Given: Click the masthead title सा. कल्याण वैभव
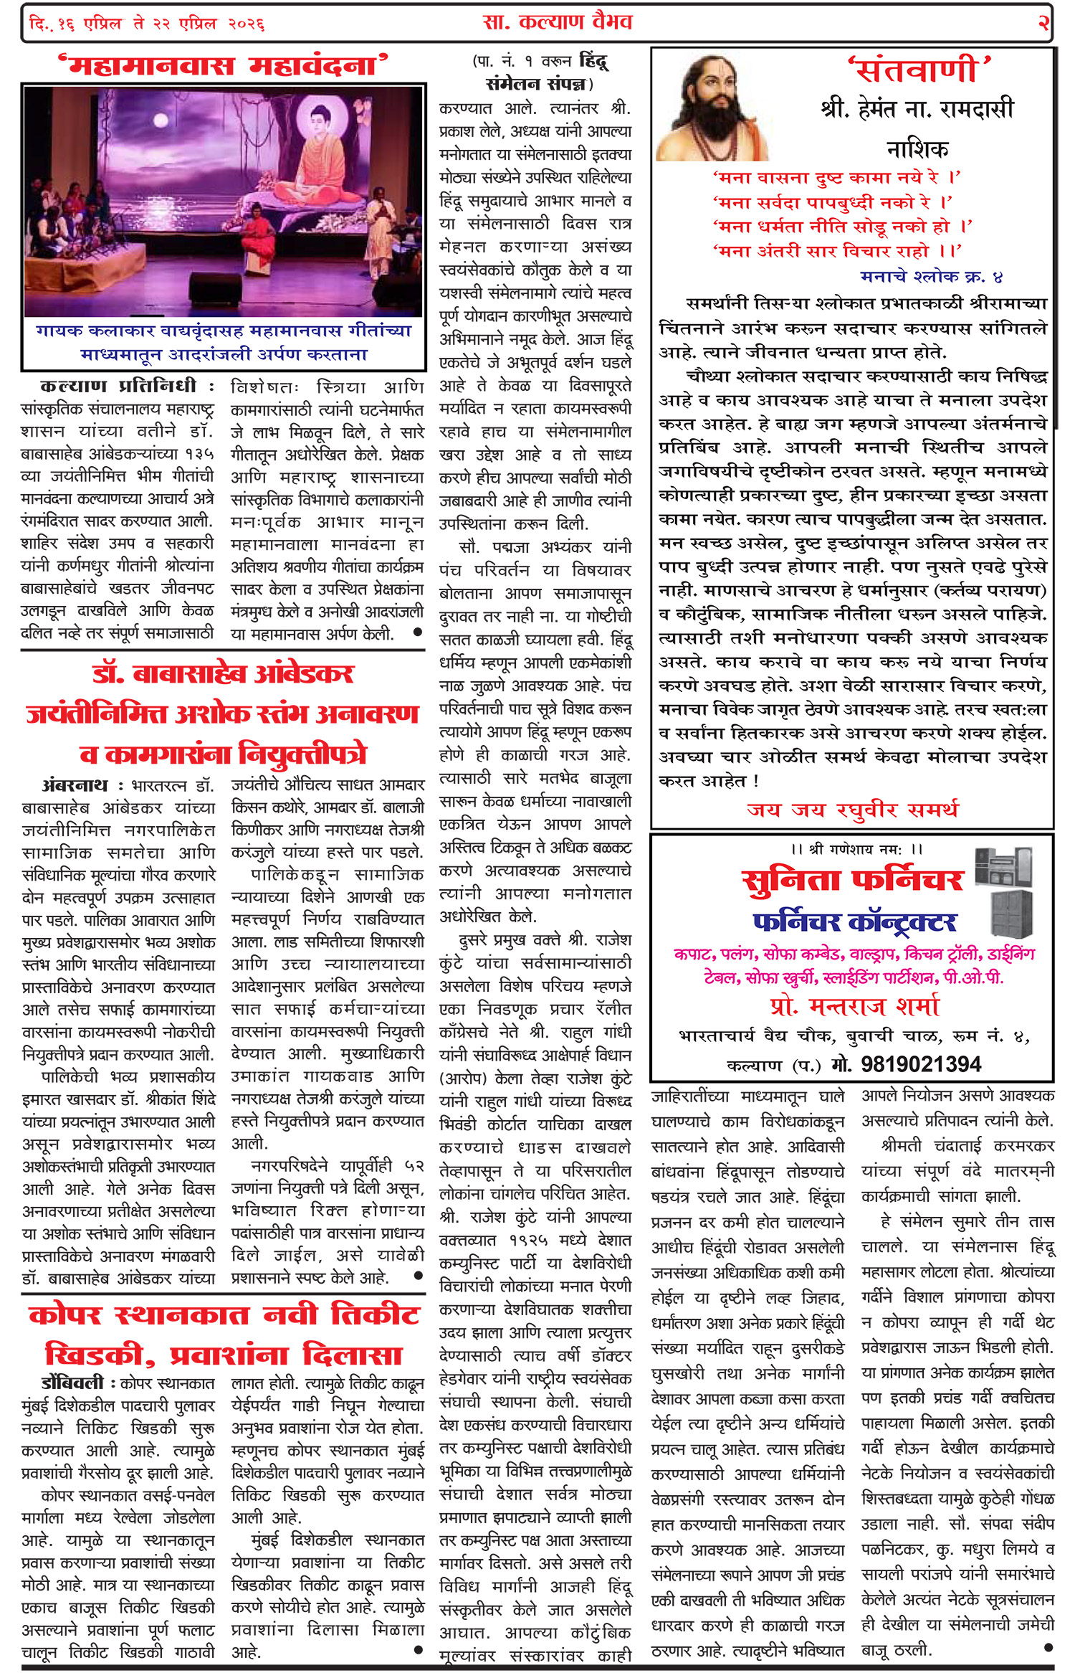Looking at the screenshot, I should (x=557, y=22).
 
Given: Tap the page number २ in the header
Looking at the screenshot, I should (x=1043, y=23).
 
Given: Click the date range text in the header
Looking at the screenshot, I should (x=147, y=24).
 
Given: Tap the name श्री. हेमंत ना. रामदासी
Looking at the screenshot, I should (x=917, y=110).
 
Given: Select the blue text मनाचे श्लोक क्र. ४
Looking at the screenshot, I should (x=931, y=276).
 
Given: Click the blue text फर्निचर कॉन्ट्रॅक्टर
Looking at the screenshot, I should (x=854, y=921).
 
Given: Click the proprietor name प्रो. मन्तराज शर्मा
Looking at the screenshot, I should (x=854, y=1006).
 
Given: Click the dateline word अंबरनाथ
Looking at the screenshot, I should (x=75, y=785).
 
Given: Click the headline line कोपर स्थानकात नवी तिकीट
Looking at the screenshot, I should (x=224, y=1316).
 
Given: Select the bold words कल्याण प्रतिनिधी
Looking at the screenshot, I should (x=118, y=386).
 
